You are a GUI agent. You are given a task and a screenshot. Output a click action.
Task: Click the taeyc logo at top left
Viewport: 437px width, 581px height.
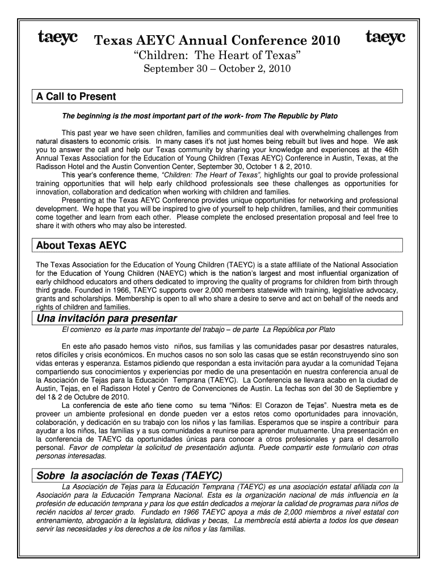[58, 37]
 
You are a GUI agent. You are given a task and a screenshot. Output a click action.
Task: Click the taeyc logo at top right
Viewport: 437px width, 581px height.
[385, 37]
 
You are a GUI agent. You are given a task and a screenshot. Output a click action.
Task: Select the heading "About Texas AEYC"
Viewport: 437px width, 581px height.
[81, 246]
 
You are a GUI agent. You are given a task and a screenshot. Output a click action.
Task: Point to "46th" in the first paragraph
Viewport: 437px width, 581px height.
[390, 149]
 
